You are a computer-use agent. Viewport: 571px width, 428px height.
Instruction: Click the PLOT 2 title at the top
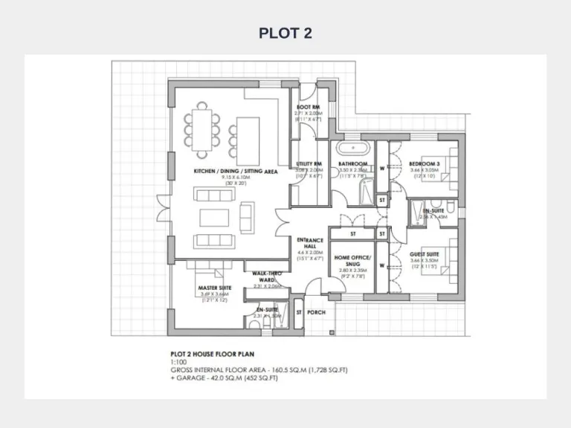[x=285, y=33]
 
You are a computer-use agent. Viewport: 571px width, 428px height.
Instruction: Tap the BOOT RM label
[x=308, y=108]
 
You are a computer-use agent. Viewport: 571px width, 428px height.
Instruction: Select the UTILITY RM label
[x=308, y=163]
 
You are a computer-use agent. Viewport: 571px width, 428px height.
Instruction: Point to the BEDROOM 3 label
[x=425, y=163]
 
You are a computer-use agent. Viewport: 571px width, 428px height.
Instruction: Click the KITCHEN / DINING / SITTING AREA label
[x=236, y=171]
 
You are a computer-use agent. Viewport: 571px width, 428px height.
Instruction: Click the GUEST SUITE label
[x=425, y=254]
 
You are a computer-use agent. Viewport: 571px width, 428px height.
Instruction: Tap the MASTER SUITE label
[x=215, y=288]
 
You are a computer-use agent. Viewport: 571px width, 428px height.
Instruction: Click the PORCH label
[x=317, y=313]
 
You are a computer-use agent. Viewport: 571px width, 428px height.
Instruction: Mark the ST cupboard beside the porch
[x=299, y=313]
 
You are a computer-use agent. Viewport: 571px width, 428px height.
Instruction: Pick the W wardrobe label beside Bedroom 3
[x=383, y=167]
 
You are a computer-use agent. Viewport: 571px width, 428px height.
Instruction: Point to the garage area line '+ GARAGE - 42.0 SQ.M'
[x=225, y=377]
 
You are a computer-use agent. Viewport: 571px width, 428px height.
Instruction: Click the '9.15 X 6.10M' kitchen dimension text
[x=236, y=178]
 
